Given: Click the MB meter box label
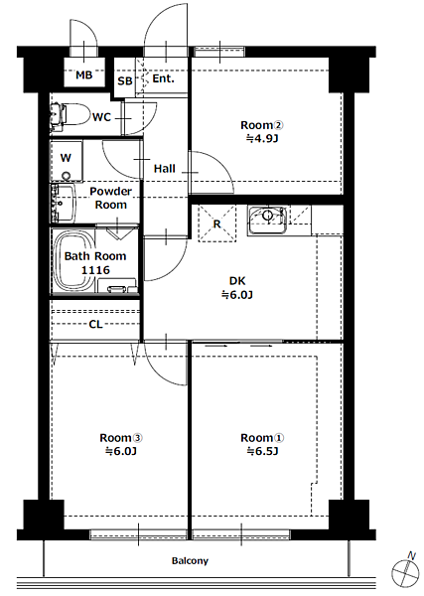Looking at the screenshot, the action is (84, 74).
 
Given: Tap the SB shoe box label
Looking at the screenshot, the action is (124, 81).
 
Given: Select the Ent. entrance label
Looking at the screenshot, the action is (164, 78).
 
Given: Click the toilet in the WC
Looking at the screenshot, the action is (69, 114).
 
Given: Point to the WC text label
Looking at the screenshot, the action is (101, 117).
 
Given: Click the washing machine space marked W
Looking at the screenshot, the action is (67, 161).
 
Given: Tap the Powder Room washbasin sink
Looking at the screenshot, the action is (64, 203).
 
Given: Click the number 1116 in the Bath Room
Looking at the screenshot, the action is (95, 270).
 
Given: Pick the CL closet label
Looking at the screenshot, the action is (95, 324).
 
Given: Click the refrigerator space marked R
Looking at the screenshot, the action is (216, 223).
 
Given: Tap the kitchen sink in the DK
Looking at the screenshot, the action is (267, 221).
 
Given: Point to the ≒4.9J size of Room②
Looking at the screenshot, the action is (262, 139).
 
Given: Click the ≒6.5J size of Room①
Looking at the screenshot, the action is (262, 452).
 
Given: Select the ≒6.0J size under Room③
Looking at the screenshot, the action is (121, 452).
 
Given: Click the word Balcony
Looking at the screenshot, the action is (190, 560).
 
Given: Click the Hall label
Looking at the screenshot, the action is (165, 169).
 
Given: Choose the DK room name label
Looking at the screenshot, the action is (237, 281).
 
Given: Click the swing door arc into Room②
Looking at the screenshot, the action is (221, 163).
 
